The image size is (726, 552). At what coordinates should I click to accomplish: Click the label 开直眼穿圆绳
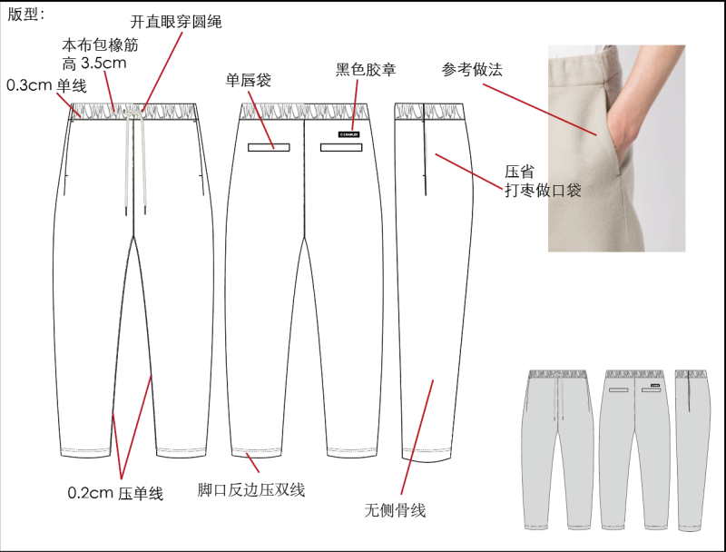[x=176, y=22]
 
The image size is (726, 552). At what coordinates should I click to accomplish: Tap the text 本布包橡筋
[x=100, y=44]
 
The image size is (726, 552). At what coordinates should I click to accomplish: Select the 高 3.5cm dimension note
[x=94, y=63]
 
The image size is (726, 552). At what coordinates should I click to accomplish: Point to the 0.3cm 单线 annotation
[x=47, y=85]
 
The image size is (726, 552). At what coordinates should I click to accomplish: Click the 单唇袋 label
[x=248, y=80]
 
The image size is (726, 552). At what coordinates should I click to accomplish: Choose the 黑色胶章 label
[x=366, y=70]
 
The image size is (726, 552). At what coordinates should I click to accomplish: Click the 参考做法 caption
[x=472, y=70]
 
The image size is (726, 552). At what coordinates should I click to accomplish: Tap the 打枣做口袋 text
[x=543, y=190]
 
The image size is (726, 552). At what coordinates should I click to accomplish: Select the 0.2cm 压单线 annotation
[x=115, y=493]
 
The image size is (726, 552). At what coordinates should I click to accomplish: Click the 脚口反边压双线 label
[x=251, y=490]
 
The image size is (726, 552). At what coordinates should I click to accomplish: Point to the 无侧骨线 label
[x=395, y=510]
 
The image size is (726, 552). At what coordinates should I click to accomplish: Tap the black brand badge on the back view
[x=349, y=134]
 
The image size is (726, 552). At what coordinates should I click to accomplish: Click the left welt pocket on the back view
[x=269, y=148]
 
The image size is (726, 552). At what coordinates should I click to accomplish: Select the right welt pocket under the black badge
[x=341, y=148]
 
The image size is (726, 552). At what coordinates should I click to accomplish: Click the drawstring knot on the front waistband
[x=132, y=112]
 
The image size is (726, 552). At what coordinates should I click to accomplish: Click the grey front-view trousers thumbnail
[x=558, y=449]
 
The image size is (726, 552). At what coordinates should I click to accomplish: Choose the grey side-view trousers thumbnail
[x=692, y=450]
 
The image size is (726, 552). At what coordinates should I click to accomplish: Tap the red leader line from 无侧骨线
[x=417, y=438]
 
